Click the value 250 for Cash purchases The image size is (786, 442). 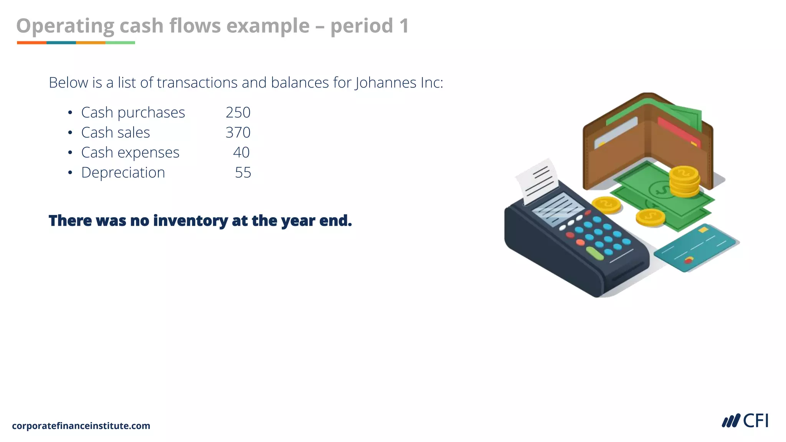coord(238,112)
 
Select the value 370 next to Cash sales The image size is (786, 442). coord(238,132)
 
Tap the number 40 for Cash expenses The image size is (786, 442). coord(241,152)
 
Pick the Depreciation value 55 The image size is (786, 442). coord(243,173)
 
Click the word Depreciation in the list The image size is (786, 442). coord(123,173)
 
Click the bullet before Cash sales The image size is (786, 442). coord(70,133)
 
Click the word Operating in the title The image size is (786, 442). coord(65,26)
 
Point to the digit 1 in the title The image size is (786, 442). coord(404,26)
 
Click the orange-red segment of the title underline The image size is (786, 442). coord(31,43)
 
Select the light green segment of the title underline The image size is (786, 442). coord(120,43)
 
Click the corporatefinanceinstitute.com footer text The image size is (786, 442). coord(81,426)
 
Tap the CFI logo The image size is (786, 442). coord(745,421)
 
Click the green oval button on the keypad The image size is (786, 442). coord(595,253)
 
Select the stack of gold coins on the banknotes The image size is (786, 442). coord(684,181)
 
